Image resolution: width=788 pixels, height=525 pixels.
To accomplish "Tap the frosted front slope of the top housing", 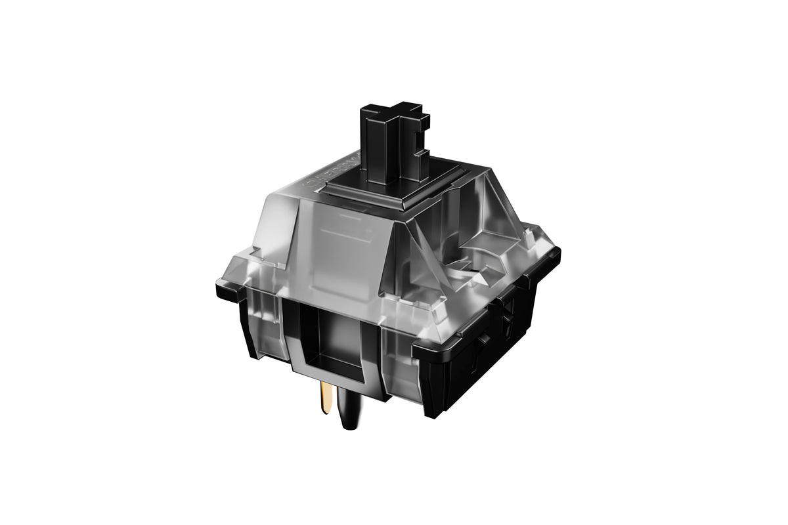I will click(x=341, y=249).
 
